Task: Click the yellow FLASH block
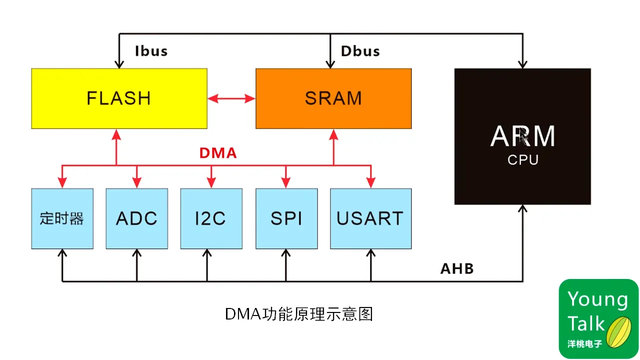pyautogui.click(x=119, y=98)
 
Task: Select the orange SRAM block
pyautogui.click(x=333, y=98)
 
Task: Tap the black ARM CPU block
pyautogui.click(x=522, y=136)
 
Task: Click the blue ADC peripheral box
pyautogui.click(x=136, y=218)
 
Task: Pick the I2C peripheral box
pyautogui.click(x=211, y=218)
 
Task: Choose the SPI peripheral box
pyautogui.click(x=286, y=218)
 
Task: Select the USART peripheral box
pyautogui.click(x=370, y=218)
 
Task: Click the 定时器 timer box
pyautogui.click(x=62, y=218)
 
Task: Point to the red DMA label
pyautogui.click(x=217, y=153)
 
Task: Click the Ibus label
pyautogui.click(x=151, y=51)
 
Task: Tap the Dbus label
pyautogui.click(x=360, y=51)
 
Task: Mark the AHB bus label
pyautogui.click(x=456, y=269)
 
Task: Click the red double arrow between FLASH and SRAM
pyautogui.click(x=231, y=98)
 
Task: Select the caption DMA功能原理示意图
pyautogui.click(x=298, y=314)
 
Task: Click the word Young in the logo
pyautogui.click(x=597, y=299)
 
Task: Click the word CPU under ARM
pyautogui.click(x=522, y=160)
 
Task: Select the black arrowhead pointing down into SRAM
pyautogui.click(x=330, y=64)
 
